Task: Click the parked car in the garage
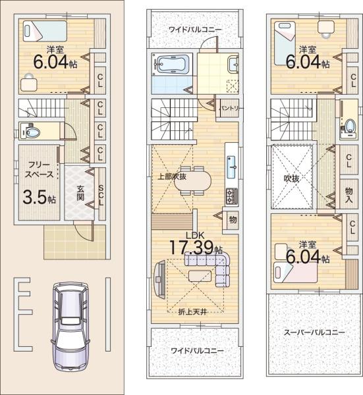click(70, 327)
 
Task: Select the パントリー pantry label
click(231, 109)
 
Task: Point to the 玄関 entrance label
click(80, 193)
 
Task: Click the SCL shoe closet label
click(101, 196)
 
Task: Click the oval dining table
click(193, 181)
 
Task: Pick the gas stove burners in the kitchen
click(232, 196)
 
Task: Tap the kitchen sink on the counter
click(232, 167)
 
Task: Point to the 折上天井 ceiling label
click(192, 312)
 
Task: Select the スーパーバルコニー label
click(314, 332)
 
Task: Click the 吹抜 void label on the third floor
click(292, 178)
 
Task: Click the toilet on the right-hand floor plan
click(350, 126)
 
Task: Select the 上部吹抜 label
click(173, 176)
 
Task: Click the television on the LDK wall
click(159, 279)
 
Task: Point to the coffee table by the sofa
click(200, 276)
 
